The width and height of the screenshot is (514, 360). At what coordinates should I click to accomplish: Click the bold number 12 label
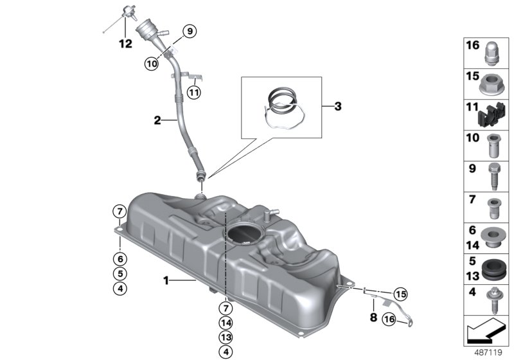[x=125, y=44]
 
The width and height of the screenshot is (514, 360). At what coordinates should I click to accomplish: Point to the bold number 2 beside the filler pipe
[x=157, y=120]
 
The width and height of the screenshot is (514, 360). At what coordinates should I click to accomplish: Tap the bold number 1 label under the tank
[x=166, y=280]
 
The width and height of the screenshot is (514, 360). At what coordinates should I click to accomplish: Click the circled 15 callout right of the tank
[x=401, y=294]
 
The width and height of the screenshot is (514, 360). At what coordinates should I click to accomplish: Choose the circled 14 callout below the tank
[x=226, y=323]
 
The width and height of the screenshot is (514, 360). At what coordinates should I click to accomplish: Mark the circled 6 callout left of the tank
[x=120, y=258]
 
